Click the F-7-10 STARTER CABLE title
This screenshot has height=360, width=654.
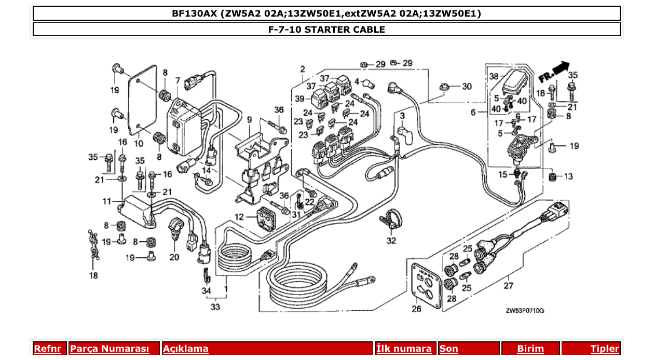coord(326,30)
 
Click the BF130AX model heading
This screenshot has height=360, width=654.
coord(326,13)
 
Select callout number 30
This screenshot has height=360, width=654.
coord(467,87)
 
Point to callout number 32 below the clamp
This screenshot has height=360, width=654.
coord(390,241)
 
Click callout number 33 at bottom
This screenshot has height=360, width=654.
coord(215,307)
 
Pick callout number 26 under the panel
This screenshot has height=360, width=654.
coord(417,310)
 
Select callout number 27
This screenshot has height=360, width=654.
coord(508,285)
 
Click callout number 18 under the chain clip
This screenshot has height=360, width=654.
coord(93,275)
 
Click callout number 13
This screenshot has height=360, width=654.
coord(568,176)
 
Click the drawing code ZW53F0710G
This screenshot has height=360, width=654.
coord(525,311)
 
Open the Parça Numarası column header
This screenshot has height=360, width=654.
coord(109,349)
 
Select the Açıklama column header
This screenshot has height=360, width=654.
coord(186,349)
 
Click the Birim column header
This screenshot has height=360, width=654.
coord(530,349)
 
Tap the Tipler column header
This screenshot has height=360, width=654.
coord(605,349)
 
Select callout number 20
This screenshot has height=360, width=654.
coord(174,257)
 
